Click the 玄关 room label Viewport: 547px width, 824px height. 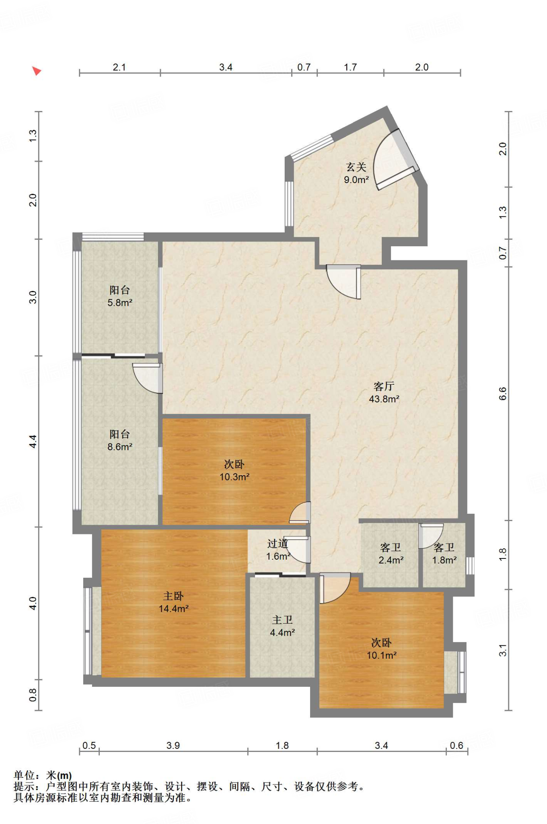[x=356, y=173]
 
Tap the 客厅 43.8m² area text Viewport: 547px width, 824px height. [x=384, y=392]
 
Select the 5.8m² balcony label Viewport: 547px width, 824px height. [x=120, y=296]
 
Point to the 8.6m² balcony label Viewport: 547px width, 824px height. [x=120, y=440]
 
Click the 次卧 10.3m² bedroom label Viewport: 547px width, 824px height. [x=234, y=470]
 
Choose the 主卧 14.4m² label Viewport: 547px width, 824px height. [x=173, y=602]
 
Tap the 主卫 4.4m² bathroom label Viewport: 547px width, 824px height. [x=282, y=626]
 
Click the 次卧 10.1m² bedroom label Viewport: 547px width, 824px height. [x=382, y=649]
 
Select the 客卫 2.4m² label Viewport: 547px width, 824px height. [x=391, y=554]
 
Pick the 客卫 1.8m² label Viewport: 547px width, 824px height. [x=444, y=554]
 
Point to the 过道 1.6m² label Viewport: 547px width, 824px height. [x=278, y=550]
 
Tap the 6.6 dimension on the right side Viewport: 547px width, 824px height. [x=503, y=393]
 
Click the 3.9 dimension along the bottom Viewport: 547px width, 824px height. [x=173, y=746]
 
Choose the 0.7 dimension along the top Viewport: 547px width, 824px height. [x=304, y=67]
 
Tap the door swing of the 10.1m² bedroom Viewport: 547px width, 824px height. [x=335, y=588]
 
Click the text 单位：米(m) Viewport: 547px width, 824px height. [x=43, y=775]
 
